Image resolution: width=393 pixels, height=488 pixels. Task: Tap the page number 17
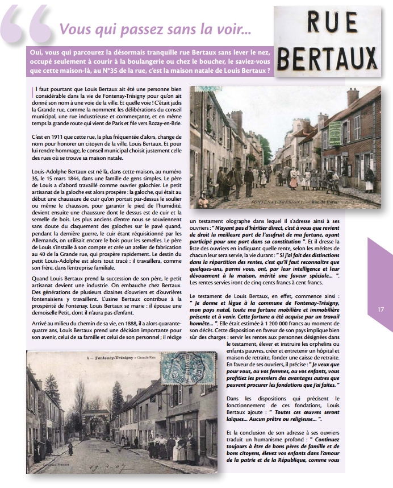point(381,309)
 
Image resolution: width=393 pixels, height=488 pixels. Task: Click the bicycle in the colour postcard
point(332,185)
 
